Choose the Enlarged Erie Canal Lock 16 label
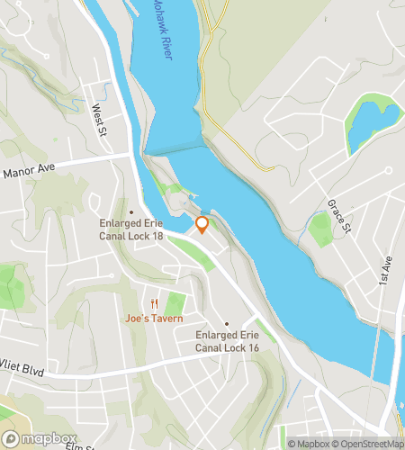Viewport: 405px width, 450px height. point(227,340)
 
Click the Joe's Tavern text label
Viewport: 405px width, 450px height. point(154,318)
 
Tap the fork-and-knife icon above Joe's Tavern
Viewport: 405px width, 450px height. point(155,303)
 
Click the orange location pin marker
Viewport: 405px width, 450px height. point(202,225)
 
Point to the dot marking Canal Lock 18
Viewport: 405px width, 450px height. point(131,212)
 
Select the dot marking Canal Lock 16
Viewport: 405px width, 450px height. point(227,324)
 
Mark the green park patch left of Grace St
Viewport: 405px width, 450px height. point(321,229)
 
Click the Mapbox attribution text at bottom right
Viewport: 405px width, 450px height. point(310,443)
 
